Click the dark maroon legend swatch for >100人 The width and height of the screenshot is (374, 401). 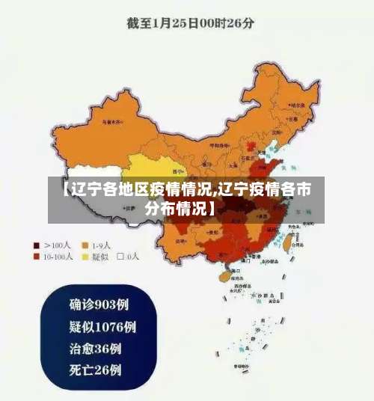[37, 245]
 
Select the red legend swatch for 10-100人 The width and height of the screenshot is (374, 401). [37, 257]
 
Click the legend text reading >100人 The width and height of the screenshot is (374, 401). [58, 245]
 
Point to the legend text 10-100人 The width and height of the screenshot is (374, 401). [58, 257]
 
